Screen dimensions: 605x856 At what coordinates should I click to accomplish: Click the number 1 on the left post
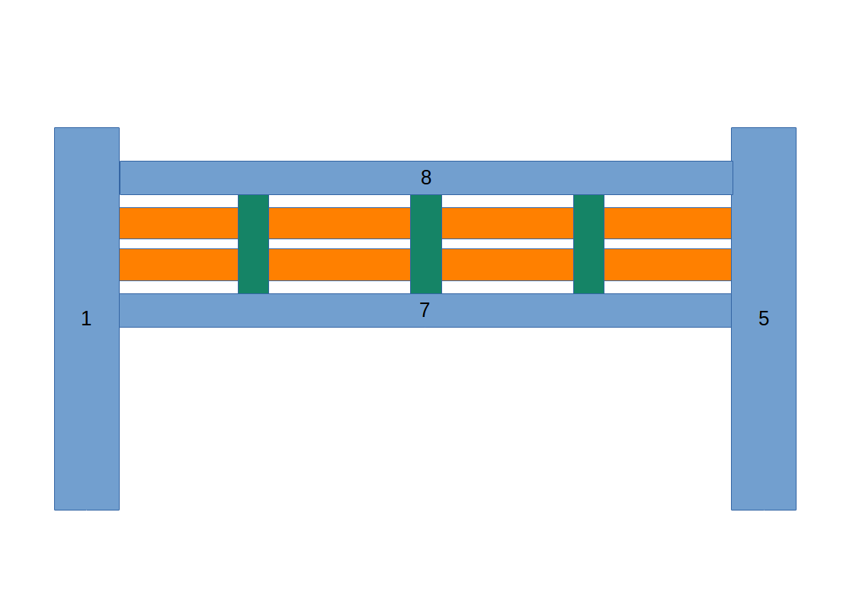(86, 319)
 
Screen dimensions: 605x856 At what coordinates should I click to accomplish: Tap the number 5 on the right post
(763, 319)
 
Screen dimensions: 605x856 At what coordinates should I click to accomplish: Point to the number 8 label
(426, 178)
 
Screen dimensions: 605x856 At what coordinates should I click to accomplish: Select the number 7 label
(425, 311)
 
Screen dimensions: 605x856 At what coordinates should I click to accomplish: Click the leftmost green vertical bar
(253, 244)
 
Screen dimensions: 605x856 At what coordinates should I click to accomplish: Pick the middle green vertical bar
(426, 244)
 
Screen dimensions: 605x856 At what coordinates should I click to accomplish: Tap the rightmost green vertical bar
(588, 244)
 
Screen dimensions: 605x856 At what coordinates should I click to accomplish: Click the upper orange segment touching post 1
(178, 223)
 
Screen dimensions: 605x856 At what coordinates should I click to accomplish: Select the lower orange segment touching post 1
(178, 264)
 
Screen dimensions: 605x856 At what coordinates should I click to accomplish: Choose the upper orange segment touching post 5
(668, 223)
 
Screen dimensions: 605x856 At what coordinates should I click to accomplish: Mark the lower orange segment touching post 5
(668, 264)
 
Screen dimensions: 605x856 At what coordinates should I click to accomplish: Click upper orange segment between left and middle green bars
(339, 223)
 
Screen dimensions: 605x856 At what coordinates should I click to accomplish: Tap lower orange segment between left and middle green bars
(339, 264)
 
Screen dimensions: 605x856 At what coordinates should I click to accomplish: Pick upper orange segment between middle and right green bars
(508, 223)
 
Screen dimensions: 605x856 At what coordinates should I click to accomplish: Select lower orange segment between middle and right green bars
(508, 264)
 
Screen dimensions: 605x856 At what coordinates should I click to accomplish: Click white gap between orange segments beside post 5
(668, 244)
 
